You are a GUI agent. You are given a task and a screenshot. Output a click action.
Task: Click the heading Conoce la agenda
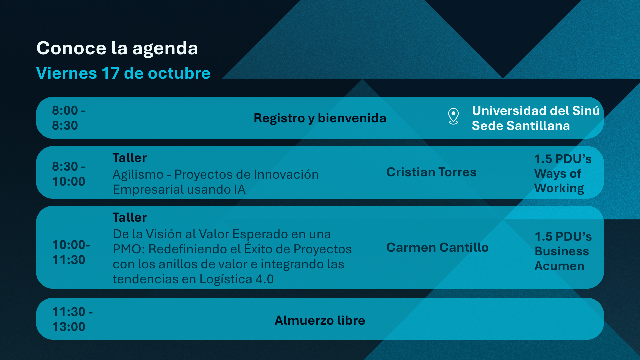point(117,48)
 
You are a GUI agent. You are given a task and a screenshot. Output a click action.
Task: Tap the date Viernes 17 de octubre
point(123,73)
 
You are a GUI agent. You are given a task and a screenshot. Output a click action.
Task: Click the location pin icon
point(453,116)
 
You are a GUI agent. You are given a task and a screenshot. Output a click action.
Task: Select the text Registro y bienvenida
point(320,118)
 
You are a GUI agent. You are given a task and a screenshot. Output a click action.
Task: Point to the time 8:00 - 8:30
point(69,118)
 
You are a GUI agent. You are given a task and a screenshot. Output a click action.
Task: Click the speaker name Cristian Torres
point(431,172)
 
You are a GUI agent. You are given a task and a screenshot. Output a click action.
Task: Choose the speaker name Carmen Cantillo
point(437,248)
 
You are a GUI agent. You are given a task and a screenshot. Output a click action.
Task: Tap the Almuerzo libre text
point(320,320)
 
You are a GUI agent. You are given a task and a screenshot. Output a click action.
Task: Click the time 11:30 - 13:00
point(72,319)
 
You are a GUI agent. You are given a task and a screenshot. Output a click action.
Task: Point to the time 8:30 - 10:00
point(69,174)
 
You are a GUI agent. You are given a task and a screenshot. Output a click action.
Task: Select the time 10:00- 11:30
point(71,252)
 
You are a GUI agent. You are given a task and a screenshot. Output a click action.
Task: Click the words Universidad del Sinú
point(535,111)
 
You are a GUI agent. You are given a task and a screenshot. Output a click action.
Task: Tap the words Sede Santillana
point(520,126)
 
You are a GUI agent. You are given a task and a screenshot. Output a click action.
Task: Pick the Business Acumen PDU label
point(563,251)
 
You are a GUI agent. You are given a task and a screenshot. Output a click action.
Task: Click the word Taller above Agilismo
point(129,158)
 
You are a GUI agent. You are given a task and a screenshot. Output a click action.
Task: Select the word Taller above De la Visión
point(129,218)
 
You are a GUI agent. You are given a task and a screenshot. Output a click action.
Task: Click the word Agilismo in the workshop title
point(138,175)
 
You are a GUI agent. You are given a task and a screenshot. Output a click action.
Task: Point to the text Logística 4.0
point(236,279)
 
